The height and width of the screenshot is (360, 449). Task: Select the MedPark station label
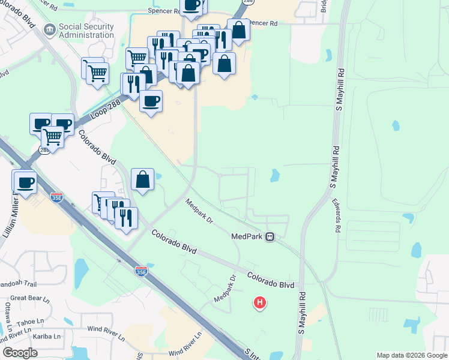tap(247, 236)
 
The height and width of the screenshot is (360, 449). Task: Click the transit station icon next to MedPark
tap(270, 236)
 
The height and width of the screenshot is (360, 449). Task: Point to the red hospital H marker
tap(259, 303)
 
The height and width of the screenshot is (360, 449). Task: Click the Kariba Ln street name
tap(48, 337)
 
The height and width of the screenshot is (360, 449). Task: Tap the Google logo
tap(20, 353)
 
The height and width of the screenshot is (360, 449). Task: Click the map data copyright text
tap(411, 355)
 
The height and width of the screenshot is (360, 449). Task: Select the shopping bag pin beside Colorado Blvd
tap(142, 179)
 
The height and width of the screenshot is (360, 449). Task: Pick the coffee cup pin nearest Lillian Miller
tap(25, 182)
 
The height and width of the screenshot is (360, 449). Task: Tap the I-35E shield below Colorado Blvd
tap(140, 271)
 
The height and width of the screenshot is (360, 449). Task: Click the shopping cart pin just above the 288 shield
tap(53, 136)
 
